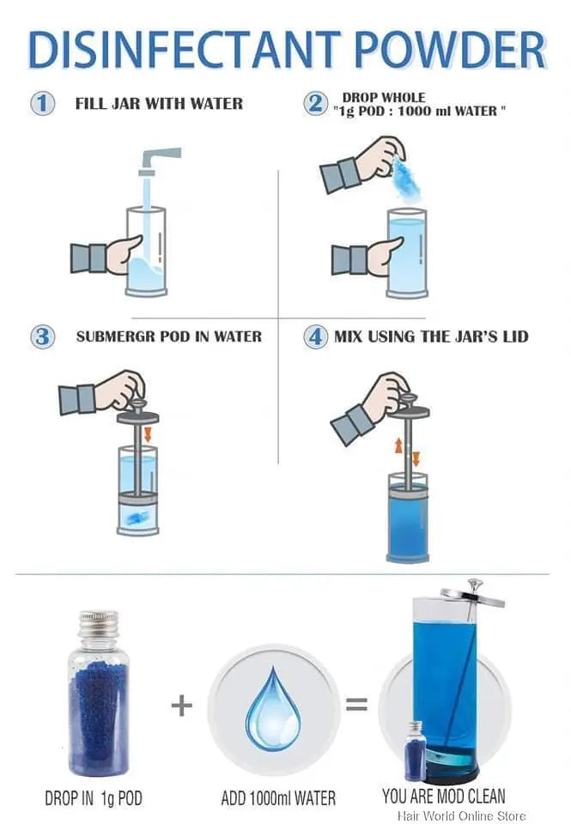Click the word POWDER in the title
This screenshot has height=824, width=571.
coord(450,50)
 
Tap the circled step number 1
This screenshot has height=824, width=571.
coord(42,104)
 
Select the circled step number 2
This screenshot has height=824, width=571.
coord(315,103)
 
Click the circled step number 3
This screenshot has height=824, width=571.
coord(43,336)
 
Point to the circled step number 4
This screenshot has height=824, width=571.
coord(315,336)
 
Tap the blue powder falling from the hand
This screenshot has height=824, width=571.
coord(406,179)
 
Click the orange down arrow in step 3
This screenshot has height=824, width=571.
coord(148,433)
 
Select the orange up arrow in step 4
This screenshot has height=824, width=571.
coord(398,445)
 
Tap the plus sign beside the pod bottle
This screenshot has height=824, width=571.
coord(182,706)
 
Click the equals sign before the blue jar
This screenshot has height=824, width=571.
coord(356,704)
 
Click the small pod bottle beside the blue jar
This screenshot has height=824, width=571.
coord(415,750)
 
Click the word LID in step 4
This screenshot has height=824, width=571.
coord(514,336)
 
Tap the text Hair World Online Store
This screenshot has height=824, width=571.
coord(461,815)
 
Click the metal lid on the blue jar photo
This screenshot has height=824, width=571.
coord(472,593)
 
